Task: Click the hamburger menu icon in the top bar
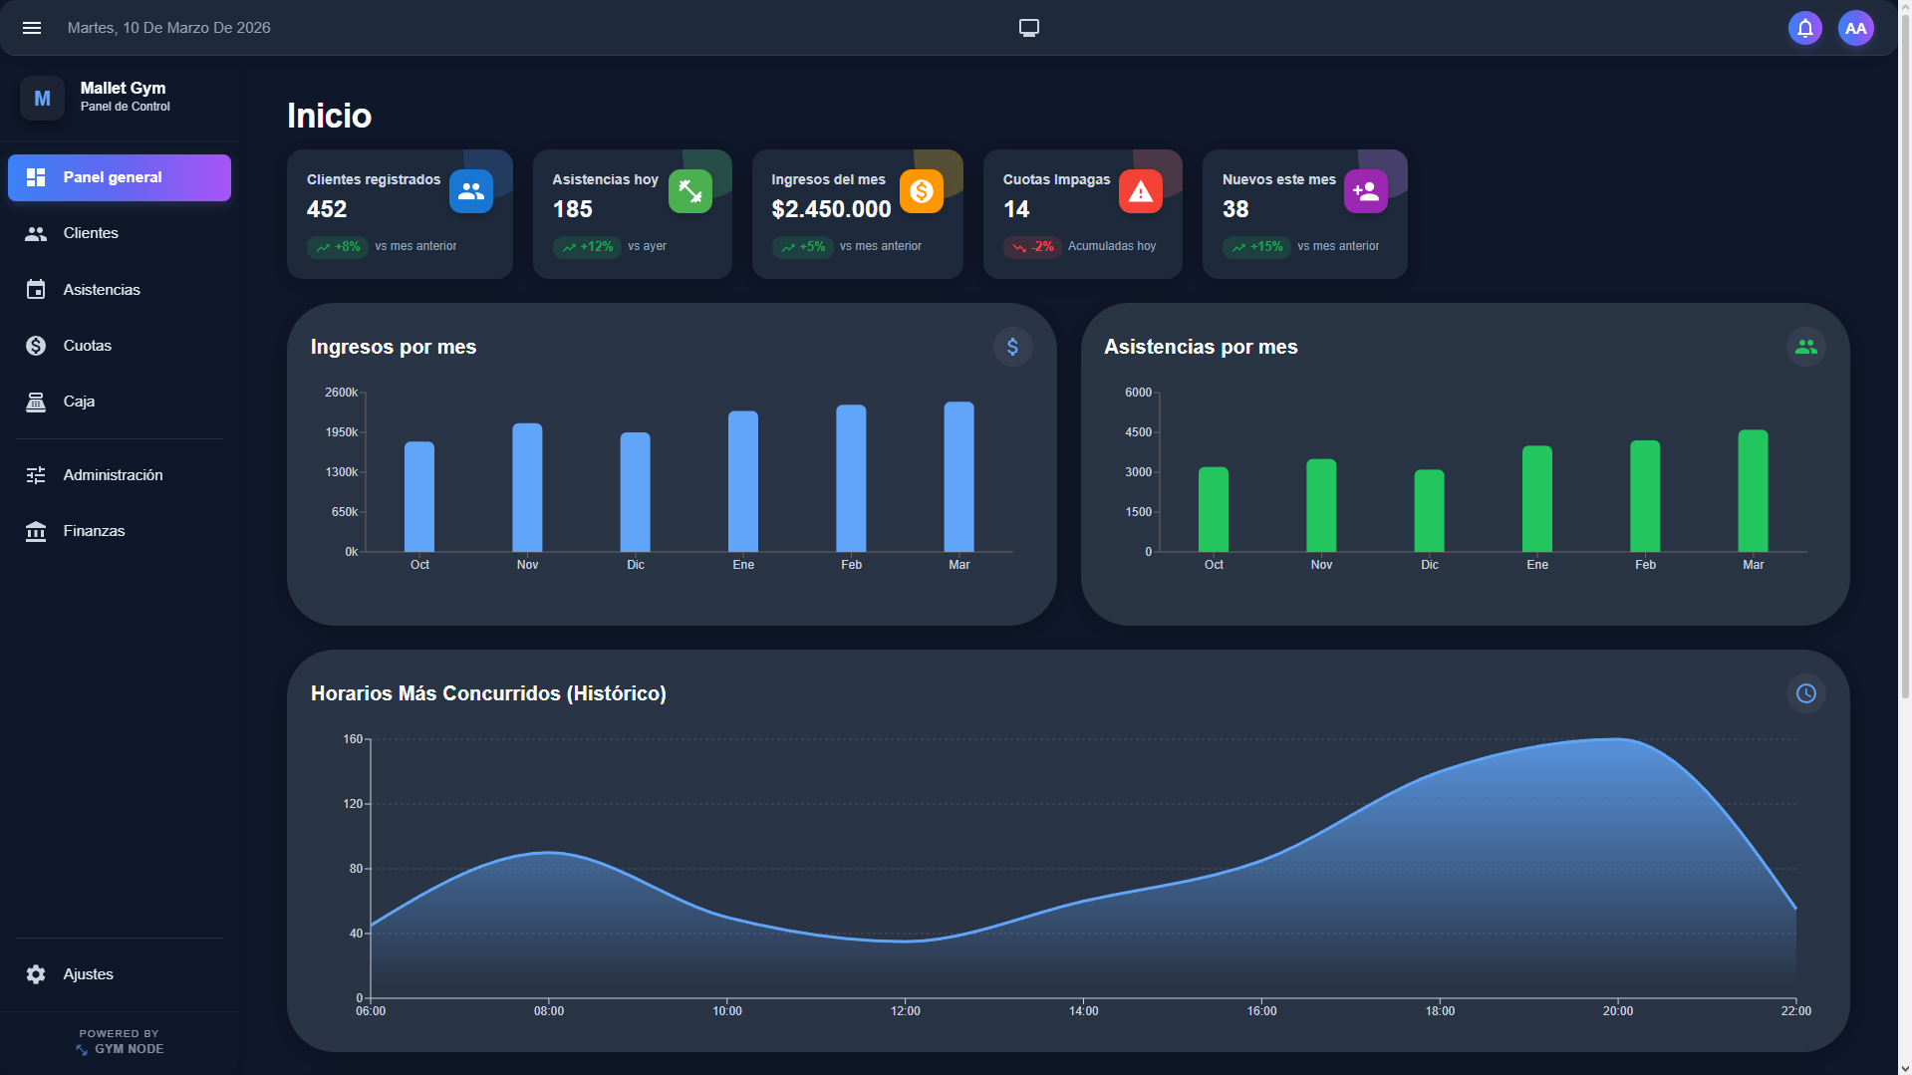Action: point(32,28)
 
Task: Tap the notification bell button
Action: point(1804,28)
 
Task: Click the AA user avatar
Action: point(1855,28)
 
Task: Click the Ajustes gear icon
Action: point(36,974)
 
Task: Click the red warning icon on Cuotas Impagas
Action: point(1141,191)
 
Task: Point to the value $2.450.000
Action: point(831,209)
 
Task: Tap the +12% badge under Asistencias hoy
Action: point(587,247)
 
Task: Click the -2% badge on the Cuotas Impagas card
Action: point(1032,247)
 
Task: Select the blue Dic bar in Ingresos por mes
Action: point(636,492)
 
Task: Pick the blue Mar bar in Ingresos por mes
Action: point(958,477)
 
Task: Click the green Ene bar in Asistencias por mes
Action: point(1537,498)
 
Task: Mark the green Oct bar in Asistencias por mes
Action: point(1214,509)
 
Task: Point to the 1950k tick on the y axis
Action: point(341,432)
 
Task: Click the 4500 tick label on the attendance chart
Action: point(1138,432)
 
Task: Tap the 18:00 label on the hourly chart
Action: point(1440,1011)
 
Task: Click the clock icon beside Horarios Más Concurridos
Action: point(1805,693)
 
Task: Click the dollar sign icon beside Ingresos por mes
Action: point(1012,347)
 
